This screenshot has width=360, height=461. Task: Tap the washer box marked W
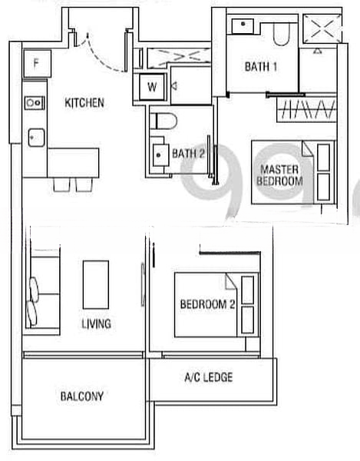click(151, 87)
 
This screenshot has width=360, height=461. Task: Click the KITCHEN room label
click(84, 102)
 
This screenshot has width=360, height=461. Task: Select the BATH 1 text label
click(260, 67)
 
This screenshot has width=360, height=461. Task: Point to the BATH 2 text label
click(188, 153)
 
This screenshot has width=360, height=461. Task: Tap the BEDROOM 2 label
click(207, 304)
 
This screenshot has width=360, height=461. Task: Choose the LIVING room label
click(96, 323)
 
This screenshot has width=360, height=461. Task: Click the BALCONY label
click(81, 396)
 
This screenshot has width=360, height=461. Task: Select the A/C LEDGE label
click(208, 377)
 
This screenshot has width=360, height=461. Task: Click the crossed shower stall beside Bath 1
click(319, 31)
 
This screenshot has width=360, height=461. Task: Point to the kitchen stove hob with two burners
click(35, 101)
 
